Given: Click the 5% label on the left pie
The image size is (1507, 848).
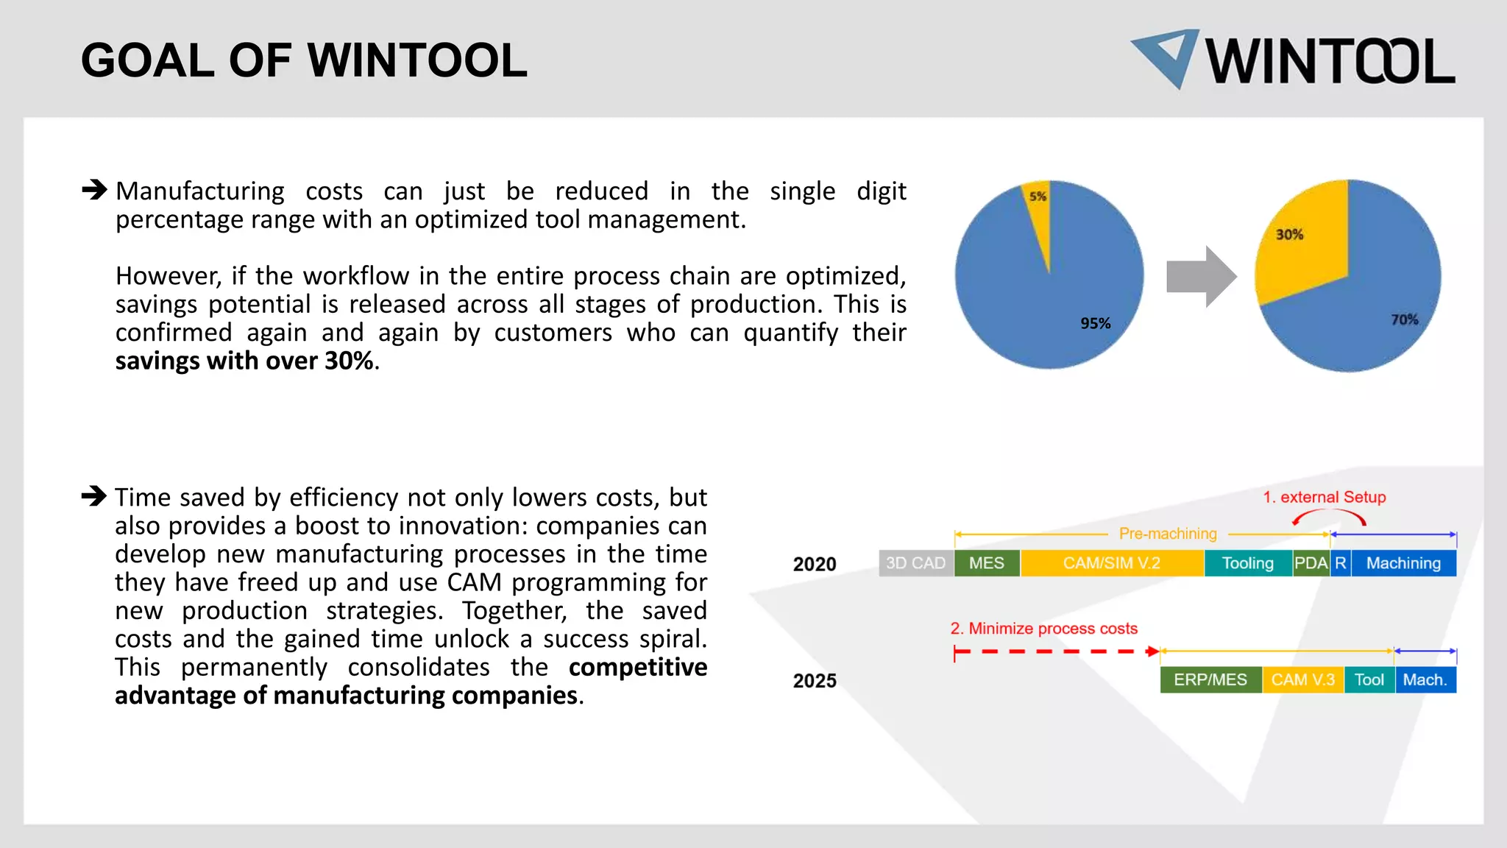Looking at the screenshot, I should click(x=1038, y=197).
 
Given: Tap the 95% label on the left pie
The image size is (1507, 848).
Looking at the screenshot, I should click(x=1095, y=323).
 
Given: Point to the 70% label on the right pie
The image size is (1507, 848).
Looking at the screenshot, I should click(x=1404, y=319).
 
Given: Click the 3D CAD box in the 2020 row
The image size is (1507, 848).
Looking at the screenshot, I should click(x=915, y=563).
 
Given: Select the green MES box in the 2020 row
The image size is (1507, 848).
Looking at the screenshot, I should click(x=986, y=563).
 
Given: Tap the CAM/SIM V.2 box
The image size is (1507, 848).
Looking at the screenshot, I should click(x=1111, y=563).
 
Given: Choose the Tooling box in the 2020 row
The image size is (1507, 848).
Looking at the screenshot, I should click(x=1247, y=563).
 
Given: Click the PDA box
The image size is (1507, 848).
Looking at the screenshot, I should click(x=1311, y=563).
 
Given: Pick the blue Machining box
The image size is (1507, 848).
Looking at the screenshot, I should click(x=1403, y=563).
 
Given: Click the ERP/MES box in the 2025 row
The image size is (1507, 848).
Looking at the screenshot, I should click(x=1210, y=679).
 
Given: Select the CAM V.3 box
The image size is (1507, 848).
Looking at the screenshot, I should click(x=1302, y=679).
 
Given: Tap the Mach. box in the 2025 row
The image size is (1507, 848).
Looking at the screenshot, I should click(x=1425, y=679).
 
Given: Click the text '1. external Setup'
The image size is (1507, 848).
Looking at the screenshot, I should click(x=1324, y=497).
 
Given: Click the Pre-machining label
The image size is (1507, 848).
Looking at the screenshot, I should click(x=1168, y=534).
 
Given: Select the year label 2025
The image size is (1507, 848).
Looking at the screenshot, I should click(x=815, y=680).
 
